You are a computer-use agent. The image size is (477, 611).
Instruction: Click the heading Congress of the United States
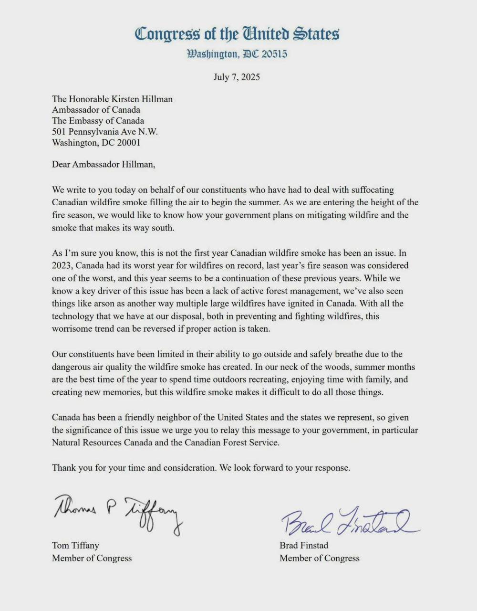237,34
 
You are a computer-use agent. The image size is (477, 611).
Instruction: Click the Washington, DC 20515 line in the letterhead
237,53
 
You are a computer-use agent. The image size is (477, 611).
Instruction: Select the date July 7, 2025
237,77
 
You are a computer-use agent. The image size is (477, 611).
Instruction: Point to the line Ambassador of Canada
96,110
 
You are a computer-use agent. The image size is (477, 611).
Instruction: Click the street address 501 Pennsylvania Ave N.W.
104,132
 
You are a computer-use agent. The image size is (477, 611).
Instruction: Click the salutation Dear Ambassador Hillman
104,165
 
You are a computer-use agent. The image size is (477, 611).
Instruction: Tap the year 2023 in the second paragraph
62,265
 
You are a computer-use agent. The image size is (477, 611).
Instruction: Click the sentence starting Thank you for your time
201,468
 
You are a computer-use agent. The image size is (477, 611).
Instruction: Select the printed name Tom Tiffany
75,545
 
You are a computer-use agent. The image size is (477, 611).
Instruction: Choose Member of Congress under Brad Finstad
319,558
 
